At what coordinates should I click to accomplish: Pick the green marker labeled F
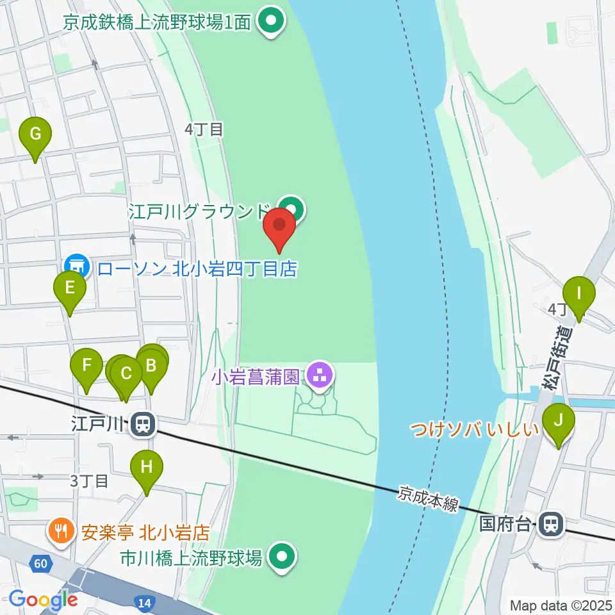(x=86, y=368)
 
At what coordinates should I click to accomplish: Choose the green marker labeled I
(x=579, y=295)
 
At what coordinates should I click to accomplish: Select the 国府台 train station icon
(x=550, y=524)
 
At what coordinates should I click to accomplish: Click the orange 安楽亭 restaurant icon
(x=61, y=531)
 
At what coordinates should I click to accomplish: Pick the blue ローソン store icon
(x=76, y=265)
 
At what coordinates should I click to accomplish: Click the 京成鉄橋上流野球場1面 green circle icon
(x=271, y=22)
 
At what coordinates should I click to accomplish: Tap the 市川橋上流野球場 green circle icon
(x=281, y=557)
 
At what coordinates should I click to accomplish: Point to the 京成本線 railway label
(x=427, y=499)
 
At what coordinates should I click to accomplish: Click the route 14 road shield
(x=143, y=602)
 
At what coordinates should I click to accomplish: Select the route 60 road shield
(x=40, y=564)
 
